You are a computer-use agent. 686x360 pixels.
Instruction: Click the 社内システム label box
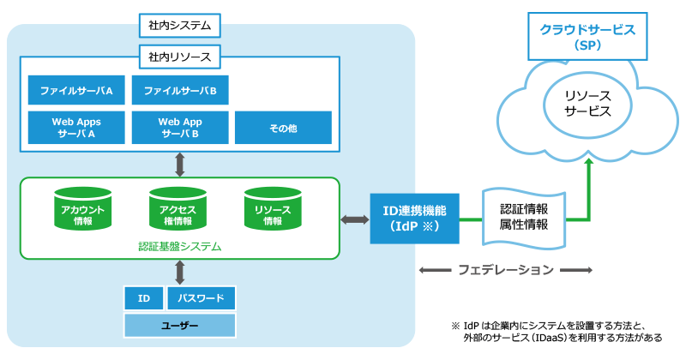click(179, 26)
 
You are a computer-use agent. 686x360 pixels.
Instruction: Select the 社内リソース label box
click(179, 57)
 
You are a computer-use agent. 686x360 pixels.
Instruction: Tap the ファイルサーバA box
click(76, 90)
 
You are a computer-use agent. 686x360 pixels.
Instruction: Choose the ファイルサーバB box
click(180, 90)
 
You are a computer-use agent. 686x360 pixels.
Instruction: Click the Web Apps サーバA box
click(76, 128)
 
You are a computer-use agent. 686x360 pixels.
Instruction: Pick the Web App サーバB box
click(180, 128)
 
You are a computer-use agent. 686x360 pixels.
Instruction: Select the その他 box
click(284, 128)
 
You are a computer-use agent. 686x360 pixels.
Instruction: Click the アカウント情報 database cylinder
click(82, 208)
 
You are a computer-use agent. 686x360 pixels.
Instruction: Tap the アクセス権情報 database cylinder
click(178, 208)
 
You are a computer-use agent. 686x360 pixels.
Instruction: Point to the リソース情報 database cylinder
click(273, 208)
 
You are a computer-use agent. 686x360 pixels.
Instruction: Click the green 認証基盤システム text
click(180, 247)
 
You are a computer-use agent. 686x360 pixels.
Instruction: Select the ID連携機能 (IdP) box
click(415, 219)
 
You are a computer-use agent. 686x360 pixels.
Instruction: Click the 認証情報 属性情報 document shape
click(524, 218)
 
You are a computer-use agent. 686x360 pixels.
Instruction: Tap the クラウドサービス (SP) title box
click(587, 36)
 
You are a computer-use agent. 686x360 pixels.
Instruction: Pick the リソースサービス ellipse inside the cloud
click(587, 105)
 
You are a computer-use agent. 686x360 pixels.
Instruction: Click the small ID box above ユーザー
click(144, 298)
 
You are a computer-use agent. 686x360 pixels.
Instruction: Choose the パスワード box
click(202, 298)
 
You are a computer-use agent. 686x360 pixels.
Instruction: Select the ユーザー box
click(180, 326)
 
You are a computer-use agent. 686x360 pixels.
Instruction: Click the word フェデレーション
click(506, 270)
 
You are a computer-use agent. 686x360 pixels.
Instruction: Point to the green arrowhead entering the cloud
click(589, 161)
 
